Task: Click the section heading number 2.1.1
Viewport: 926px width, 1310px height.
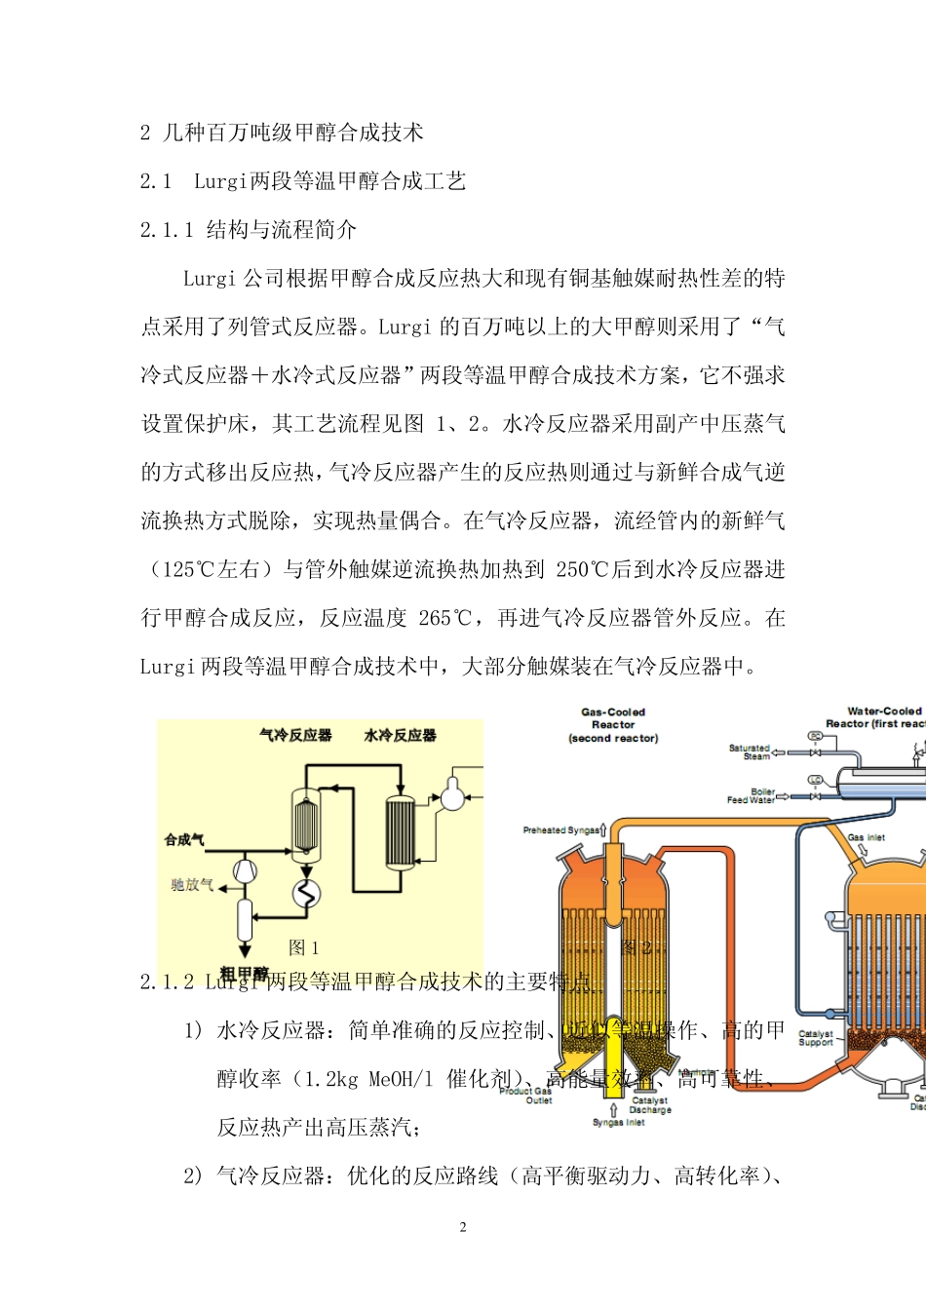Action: tap(167, 230)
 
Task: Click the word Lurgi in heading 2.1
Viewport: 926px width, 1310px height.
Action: tap(221, 181)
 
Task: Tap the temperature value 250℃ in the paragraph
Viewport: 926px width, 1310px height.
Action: tap(581, 569)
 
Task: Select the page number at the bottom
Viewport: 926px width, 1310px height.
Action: tap(463, 1227)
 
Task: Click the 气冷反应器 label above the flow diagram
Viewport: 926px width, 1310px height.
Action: tap(295, 735)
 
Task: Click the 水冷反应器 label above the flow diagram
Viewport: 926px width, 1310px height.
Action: tap(400, 735)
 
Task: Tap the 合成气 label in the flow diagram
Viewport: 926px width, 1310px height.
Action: tap(184, 839)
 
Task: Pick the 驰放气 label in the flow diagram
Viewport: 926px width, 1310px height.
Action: tap(191, 885)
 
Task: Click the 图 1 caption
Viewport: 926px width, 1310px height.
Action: tap(303, 947)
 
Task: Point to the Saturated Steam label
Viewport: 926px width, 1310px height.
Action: tap(749, 751)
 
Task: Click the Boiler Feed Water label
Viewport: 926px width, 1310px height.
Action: tap(752, 795)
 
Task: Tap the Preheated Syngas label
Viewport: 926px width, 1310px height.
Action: tap(560, 830)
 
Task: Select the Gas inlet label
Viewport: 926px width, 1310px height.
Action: tap(866, 837)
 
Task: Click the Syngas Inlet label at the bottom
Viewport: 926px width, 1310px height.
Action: tap(619, 1122)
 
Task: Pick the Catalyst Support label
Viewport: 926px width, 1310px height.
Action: tap(816, 1038)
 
